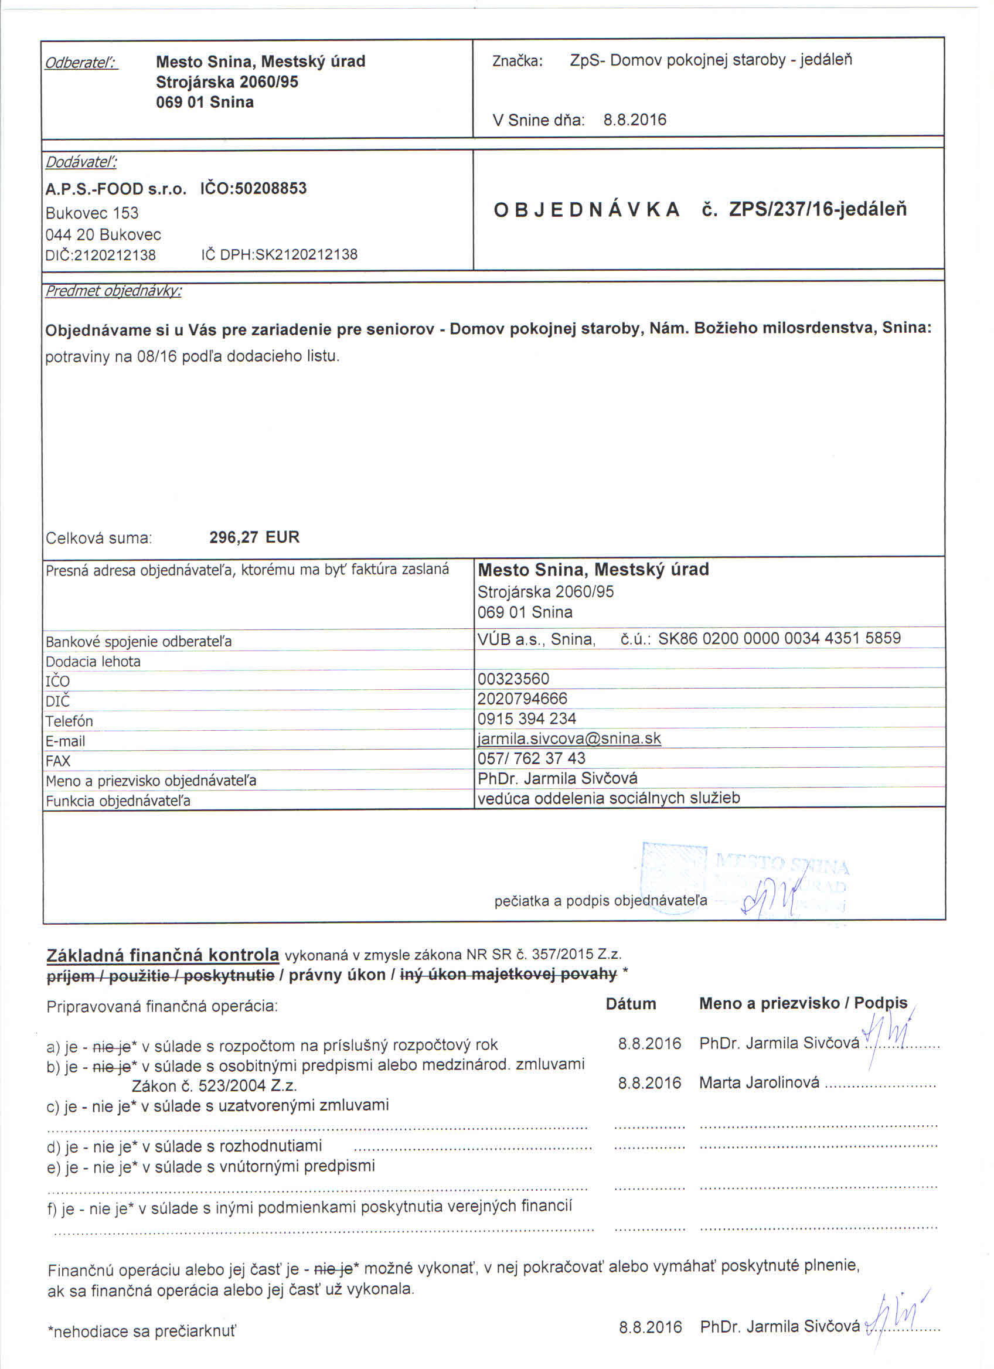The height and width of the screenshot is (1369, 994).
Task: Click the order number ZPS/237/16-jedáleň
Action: click(x=817, y=209)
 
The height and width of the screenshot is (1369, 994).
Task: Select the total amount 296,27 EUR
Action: click(x=254, y=537)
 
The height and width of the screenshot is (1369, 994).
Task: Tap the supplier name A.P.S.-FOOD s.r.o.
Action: click(x=116, y=189)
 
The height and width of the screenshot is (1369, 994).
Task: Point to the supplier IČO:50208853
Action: click(x=253, y=188)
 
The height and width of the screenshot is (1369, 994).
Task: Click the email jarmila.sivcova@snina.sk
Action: click(x=569, y=739)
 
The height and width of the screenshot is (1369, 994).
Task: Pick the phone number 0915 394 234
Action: click(x=526, y=719)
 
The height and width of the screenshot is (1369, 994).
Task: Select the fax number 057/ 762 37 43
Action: click(x=531, y=759)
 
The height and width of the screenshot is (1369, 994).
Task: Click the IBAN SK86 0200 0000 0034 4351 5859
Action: click(x=779, y=638)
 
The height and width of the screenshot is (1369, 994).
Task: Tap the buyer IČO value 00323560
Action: click(x=513, y=679)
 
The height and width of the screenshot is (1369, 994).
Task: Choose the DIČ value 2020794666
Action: click(x=522, y=699)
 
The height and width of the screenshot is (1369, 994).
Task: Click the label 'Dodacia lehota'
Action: click(x=93, y=662)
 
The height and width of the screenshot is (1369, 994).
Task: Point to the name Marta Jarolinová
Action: click(x=758, y=1082)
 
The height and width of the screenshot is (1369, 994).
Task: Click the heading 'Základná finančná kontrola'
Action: click(x=162, y=955)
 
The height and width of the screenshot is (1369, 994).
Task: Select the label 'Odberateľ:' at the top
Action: click(x=81, y=63)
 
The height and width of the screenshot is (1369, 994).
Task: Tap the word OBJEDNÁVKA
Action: click(x=587, y=210)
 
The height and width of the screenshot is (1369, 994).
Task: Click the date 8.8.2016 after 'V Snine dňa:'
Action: click(x=635, y=120)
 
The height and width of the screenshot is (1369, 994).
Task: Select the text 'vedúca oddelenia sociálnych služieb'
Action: click(x=608, y=798)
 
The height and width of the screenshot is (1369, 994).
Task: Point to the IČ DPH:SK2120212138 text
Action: click(x=280, y=255)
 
